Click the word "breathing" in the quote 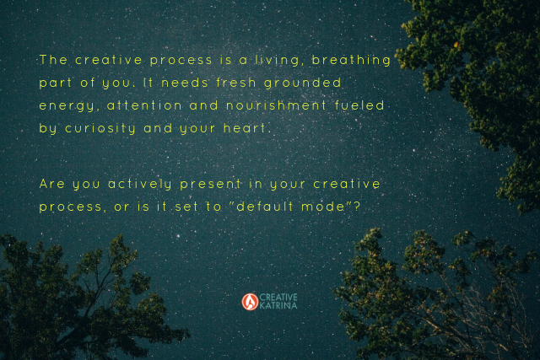(351, 61)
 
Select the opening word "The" (53, 60)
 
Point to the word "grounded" (302, 83)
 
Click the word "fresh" (236, 83)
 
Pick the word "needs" (185, 83)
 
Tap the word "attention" (144, 105)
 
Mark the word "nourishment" (276, 105)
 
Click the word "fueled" (359, 105)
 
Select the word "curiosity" (100, 129)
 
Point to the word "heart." (246, 128)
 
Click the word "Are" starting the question (52, 184)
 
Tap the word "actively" (140, 185)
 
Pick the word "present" (210, 185)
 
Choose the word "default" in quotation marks (265, 207)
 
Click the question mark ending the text (357, 207)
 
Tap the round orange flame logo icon (250, 302)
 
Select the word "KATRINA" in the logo (278, 306)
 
